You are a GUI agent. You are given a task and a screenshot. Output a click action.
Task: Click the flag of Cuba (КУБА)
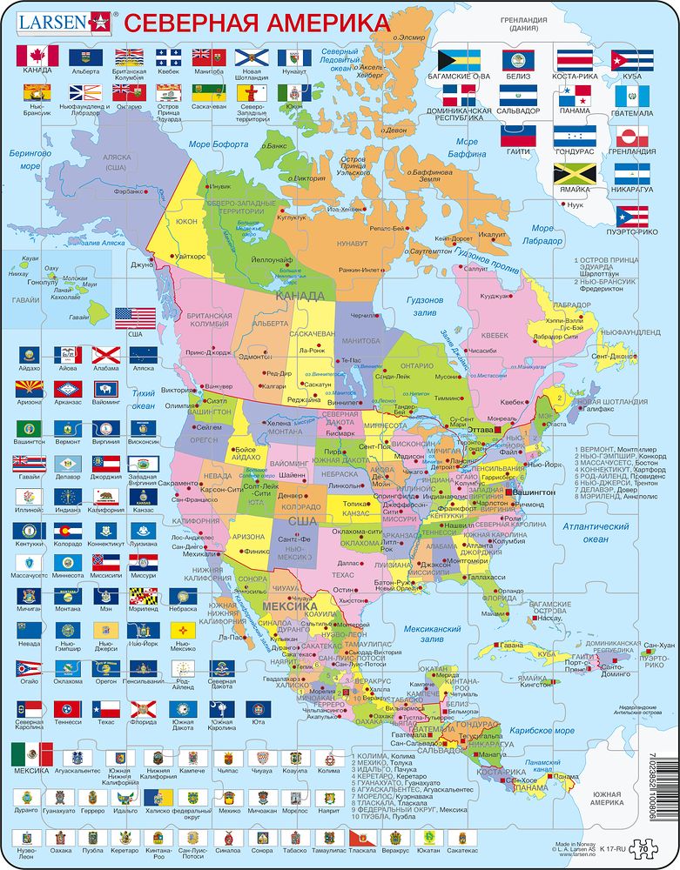click(632, 59)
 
